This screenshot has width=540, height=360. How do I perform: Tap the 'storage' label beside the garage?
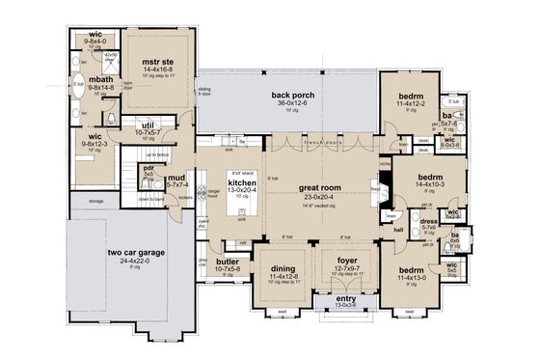[x=94, y=202]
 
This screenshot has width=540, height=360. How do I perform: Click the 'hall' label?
[x=398, y=231]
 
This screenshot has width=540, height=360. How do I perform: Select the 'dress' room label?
[x=429, y=220]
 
